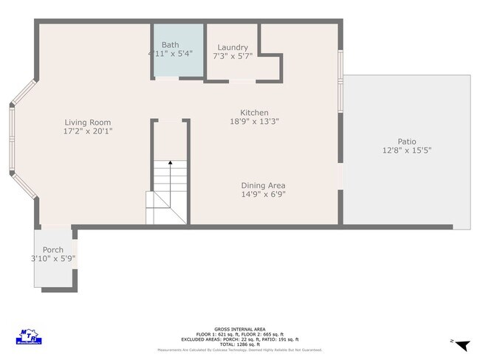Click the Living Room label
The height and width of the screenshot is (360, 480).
(87, 122)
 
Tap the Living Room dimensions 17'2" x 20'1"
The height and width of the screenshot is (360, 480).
(87, 131)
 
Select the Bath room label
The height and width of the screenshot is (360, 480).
(170, 45)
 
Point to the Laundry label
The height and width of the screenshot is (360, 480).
(232, 47)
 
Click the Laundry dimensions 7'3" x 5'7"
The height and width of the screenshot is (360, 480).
(232, 56)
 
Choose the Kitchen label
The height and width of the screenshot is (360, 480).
(254, 113)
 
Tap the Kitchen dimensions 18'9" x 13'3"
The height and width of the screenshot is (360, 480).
(254, 122)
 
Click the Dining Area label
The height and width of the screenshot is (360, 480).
(263, 186)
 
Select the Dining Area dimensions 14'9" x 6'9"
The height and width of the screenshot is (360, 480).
(263, 195)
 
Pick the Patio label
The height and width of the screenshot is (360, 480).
(406, 142)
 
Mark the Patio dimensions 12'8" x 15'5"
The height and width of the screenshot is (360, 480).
(406, 150)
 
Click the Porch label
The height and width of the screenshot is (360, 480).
(52, 250)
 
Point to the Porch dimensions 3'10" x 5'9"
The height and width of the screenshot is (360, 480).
(52, 259)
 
